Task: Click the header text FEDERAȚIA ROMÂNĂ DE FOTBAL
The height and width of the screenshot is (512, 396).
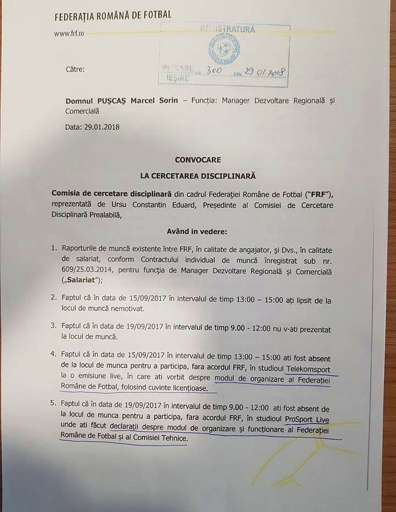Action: pyautogui.click(x=113, y=15)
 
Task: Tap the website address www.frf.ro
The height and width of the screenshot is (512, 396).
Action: pyautogui.click(x=69, y=33)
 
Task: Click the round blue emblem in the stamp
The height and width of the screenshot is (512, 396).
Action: pyautogui.click(x=223, y=49)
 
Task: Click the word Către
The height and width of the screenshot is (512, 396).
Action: pyautogui.click(x=74, y=70)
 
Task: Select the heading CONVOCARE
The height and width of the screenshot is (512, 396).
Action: pyautogui.click(x=197, y=160)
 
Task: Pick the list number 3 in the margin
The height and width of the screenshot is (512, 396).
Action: pyautogui.click(x=54, y=326)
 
